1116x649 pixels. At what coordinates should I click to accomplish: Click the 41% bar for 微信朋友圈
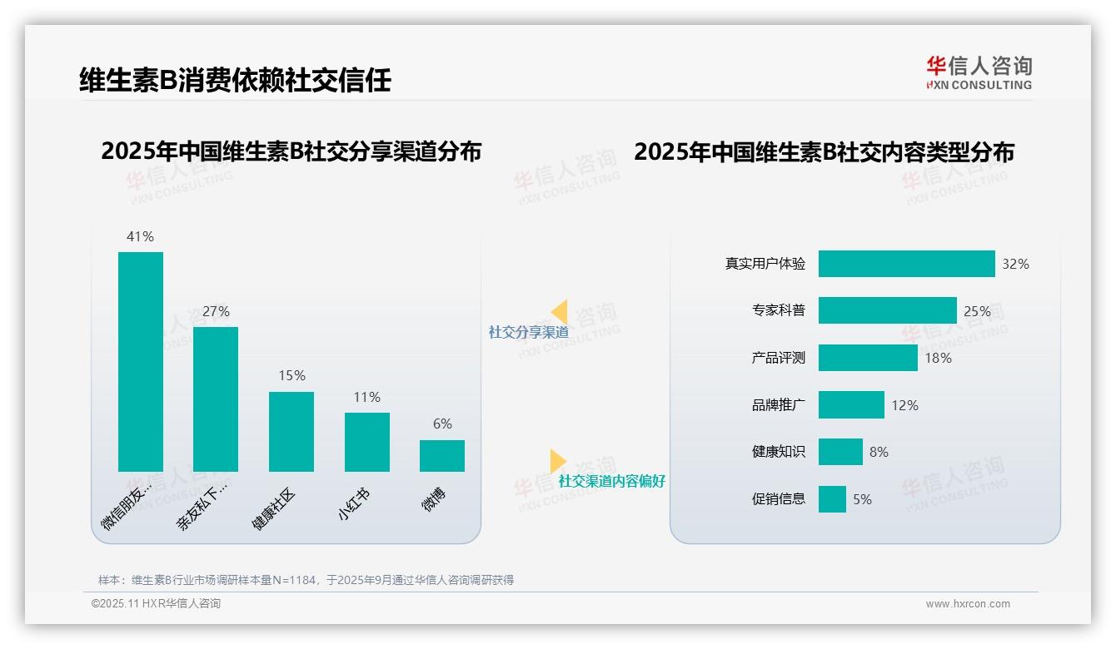(x=141, y=361)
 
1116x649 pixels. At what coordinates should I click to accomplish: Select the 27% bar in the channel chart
(x=216, y=399)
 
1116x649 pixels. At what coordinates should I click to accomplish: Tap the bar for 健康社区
(x=291, y=431)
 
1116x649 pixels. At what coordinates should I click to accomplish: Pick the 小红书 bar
(x=366, y=442)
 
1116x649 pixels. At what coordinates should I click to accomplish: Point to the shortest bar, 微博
(x=442, y=456)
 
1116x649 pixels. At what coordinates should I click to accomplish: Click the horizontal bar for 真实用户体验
(x=906, y=264)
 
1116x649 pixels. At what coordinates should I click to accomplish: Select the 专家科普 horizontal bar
(x=887, y=310)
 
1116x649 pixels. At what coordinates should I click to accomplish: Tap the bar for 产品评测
(x=868, y=358)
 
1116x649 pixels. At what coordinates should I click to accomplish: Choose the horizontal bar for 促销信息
(x=832, y=499)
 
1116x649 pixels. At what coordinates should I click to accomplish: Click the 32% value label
(x=1015, y=264)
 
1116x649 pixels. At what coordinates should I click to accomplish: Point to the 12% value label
(x=904, y=405)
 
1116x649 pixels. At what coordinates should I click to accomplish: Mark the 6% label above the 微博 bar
(x=442, y=424)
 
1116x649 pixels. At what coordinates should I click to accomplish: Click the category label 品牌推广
(x=779, y=405)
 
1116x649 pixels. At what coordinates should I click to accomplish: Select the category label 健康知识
(x=779, y=452)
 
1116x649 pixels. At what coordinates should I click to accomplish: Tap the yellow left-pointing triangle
(x=559, y=312)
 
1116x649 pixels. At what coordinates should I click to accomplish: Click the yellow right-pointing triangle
(x=557, y=460)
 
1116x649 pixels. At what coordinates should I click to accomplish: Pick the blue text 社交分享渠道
(x=528, y=332)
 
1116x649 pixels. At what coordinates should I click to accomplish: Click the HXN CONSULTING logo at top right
(x=979, y=73)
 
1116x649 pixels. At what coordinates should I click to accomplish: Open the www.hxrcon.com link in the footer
(x=968, y=604)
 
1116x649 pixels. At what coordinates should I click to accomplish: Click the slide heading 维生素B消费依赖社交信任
(x=235, y=80)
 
